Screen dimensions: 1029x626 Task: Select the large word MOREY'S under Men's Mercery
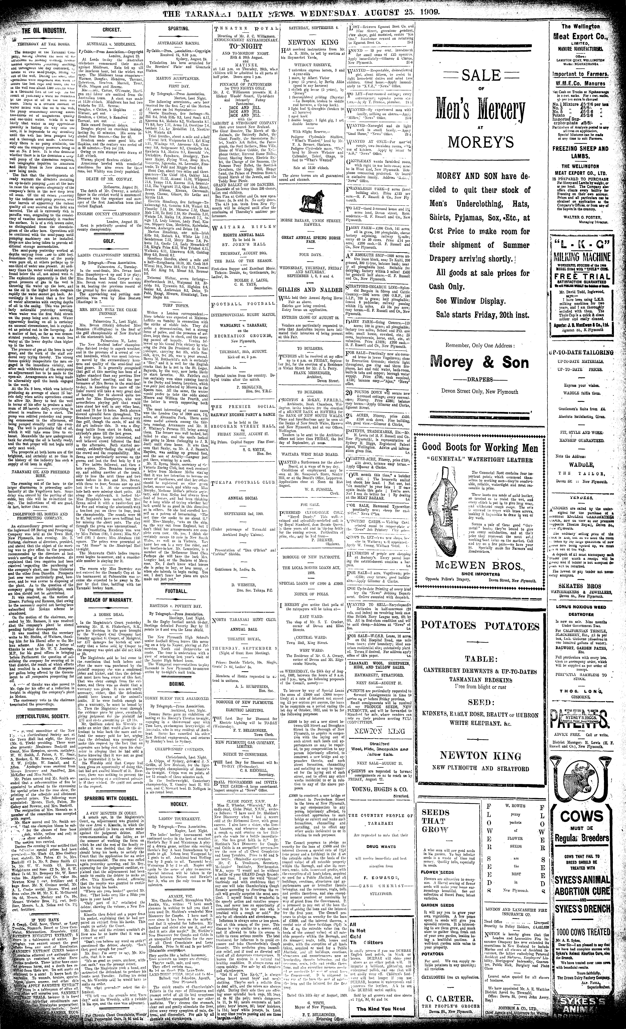480,143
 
